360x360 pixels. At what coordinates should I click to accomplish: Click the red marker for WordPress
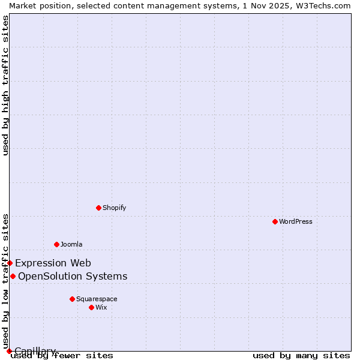tap(275, 221)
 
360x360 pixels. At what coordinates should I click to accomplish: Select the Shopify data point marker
tap(98, 208)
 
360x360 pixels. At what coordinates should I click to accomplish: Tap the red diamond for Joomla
tap(56, 244)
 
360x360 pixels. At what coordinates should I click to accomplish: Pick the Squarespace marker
tap(72, 299)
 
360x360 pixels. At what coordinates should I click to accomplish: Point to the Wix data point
tap(91, 307)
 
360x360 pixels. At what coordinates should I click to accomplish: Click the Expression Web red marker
tap(10, 263)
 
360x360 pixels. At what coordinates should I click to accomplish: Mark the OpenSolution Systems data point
tap(13, 276)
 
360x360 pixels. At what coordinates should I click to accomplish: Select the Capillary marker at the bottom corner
tap(9, 351)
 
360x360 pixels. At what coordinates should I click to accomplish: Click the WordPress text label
tap(296, 221)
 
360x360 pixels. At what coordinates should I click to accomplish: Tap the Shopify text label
tap(114, 208)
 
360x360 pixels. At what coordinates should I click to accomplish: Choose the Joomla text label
tap(71, 244)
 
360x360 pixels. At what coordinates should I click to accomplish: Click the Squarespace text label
tap(97, 299)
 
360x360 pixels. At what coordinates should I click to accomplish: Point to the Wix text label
tap(101, 307)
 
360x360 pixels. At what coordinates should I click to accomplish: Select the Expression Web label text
tap(53, 263)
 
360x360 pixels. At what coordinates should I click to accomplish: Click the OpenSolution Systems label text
tap(73, 276)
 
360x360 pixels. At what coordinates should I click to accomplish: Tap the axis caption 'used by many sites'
tap(301, 356)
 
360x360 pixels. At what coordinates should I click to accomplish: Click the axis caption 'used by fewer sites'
tap(62, 356)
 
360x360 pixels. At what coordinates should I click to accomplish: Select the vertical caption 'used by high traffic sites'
tap(5, 85)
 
